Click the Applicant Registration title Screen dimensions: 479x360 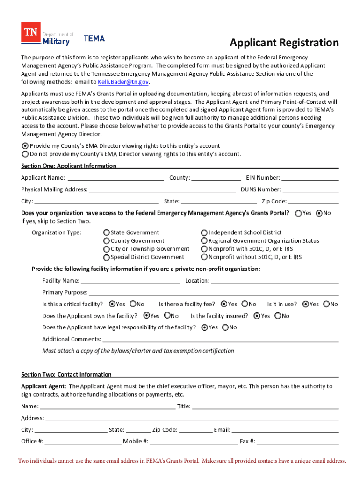tap(284, 43)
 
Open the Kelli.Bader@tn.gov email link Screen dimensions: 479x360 tap(123, 82)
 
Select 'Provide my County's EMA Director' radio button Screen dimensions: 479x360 tap(25, 146)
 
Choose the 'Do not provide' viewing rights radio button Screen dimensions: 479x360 tap(25, 154)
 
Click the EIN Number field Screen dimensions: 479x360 tap(310, 177)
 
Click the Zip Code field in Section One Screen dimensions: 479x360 tap(313, 201)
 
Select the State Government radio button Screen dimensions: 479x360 tap(107, 232)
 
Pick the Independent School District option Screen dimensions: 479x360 tap(204, 232)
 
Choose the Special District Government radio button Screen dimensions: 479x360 tap(107, 257)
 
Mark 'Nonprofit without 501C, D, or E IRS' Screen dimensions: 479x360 tap(204, 257)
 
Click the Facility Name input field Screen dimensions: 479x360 tap(130, 281)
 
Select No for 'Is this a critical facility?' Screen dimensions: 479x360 tap(133, 304)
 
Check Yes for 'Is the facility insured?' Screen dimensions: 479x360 tap(257, 316)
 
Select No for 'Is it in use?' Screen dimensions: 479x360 tap(326, 304)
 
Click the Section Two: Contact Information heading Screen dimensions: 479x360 tap(66, 374)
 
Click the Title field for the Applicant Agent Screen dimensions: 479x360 tap(265, 406)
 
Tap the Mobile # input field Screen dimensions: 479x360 tap(194, 441)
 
